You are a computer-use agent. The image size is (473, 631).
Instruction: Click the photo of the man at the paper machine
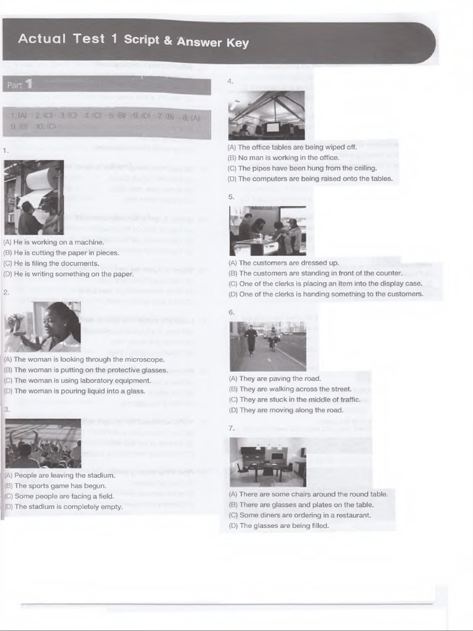34,197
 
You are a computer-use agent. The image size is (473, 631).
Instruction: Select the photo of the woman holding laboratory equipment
42,326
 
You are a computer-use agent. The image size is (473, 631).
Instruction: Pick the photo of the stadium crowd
42,443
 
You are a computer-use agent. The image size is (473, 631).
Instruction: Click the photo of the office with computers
266,115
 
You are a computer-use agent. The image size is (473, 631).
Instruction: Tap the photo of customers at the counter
267,230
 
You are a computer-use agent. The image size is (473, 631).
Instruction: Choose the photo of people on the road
267,346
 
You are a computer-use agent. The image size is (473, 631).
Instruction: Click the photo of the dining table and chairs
267,462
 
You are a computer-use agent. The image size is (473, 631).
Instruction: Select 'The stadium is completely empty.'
68,507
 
